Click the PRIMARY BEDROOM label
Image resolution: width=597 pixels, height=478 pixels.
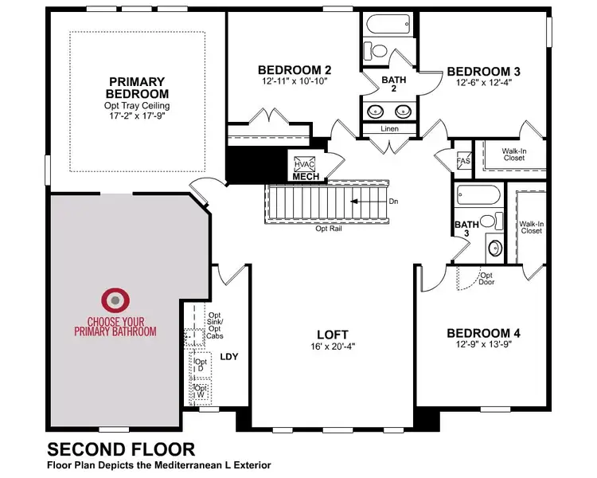click(137, 88)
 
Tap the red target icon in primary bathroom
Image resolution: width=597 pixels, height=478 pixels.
click(115, 300)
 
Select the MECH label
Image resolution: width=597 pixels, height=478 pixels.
click(306, 176)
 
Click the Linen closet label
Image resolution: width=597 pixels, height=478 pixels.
click(390, 129)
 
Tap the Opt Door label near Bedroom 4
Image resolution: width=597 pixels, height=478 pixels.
click(486, 279)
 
